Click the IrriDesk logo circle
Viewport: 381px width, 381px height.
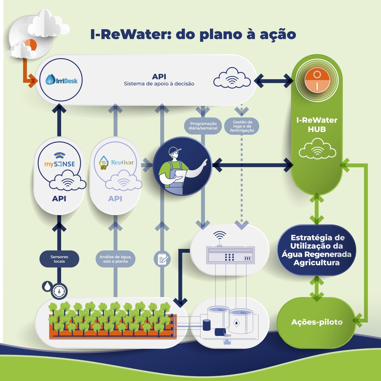pos(61,80)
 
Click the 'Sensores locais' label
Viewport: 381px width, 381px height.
pos(59,259)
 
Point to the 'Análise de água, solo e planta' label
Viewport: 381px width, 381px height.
pos(115,259)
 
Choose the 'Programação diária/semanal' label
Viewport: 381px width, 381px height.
pos(203,126)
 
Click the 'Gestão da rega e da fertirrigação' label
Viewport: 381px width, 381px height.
pos(242,126)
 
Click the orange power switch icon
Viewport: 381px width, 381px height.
pos(317,80)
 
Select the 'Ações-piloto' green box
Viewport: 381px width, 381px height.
pos(317,322)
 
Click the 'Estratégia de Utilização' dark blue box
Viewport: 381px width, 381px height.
pos(317,250)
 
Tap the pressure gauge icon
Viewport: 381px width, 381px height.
pos(59,291)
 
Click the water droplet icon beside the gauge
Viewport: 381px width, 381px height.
pos(47,286)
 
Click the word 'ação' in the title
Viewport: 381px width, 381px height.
pos(278,34)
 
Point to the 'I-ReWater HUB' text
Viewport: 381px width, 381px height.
pos(317,125)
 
